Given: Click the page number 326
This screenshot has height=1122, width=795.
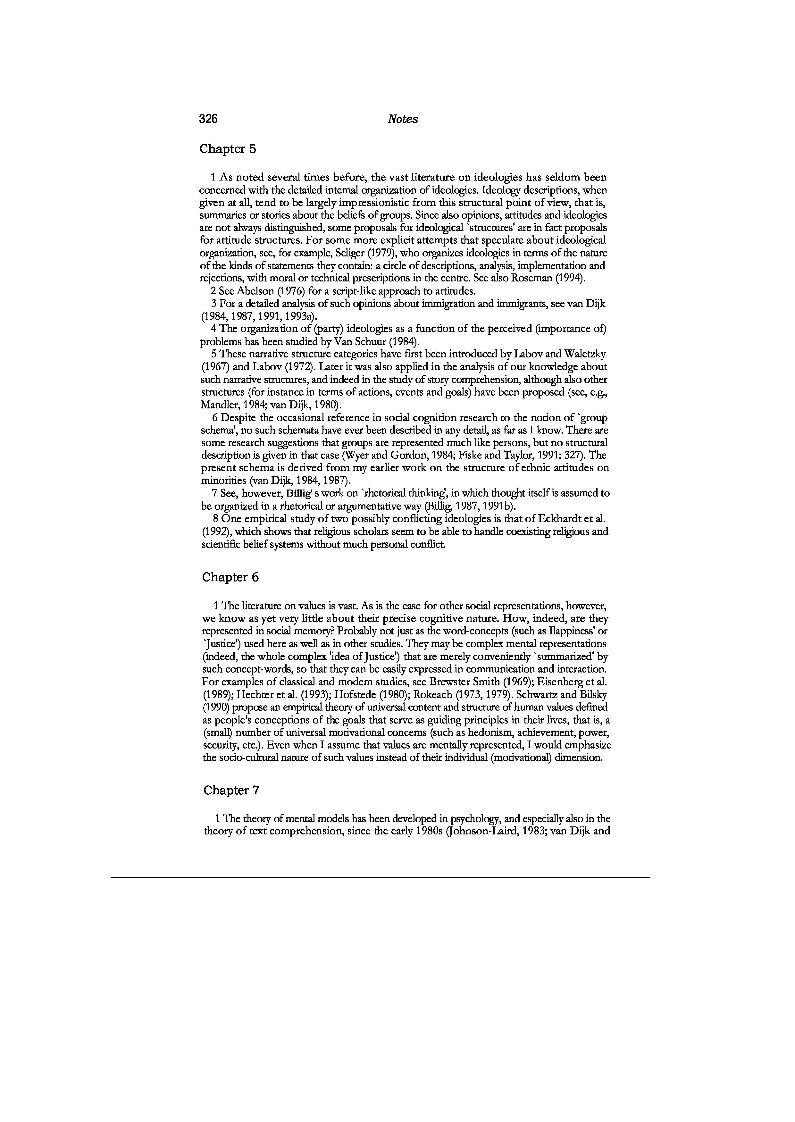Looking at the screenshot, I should point(209,119).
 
